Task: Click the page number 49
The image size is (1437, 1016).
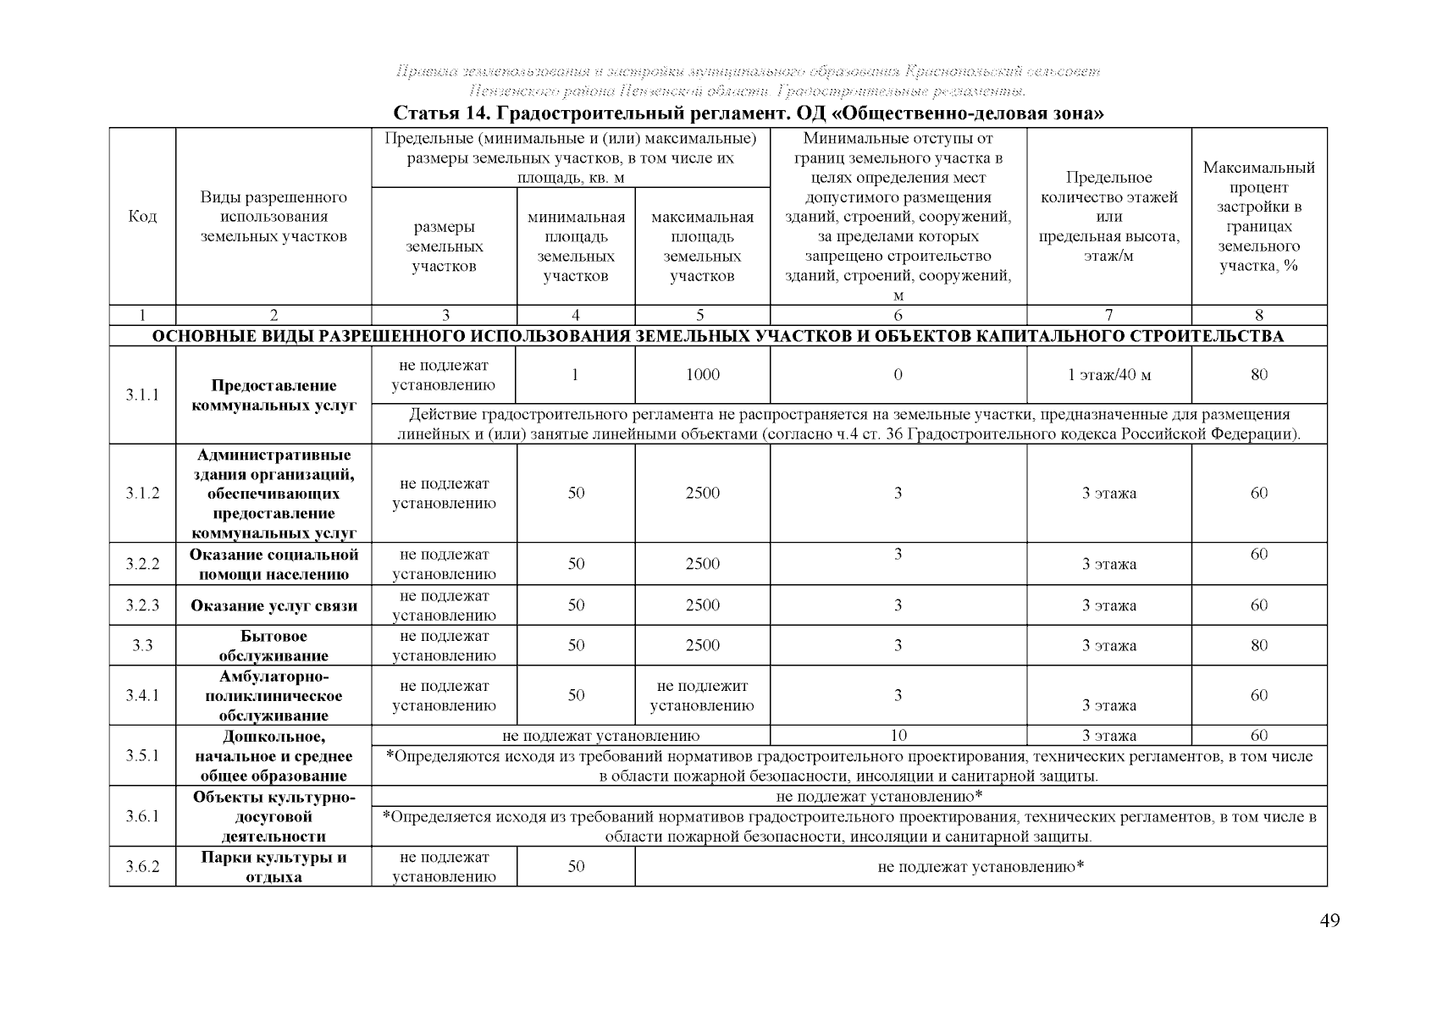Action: click(1329, 921)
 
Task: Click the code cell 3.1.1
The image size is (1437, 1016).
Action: click(142, 395)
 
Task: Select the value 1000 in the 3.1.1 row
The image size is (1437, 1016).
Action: click(702, 375)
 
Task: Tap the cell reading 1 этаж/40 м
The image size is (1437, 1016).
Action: click(1108, 375)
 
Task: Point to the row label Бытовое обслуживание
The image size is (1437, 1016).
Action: click(274, 646)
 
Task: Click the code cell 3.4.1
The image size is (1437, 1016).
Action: click(142, 695)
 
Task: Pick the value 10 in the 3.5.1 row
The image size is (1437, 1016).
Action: click(898, 736)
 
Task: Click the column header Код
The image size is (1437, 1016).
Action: click(142, 217)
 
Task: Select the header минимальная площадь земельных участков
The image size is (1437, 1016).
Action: click(576, 246)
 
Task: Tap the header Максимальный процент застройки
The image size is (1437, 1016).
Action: click(1258, 217)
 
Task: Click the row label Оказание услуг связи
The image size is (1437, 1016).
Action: click(274, 606)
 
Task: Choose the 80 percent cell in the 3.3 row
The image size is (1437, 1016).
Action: click(1258, 646)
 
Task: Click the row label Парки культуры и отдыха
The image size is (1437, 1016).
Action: click(274, 867)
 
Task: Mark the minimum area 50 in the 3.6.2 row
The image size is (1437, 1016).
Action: click(576, 866)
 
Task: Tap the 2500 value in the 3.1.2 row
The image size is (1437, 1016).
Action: click(702, 494)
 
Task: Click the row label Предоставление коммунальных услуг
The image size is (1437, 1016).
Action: click(274, 395)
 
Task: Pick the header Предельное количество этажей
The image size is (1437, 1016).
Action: click(1108, 217)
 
